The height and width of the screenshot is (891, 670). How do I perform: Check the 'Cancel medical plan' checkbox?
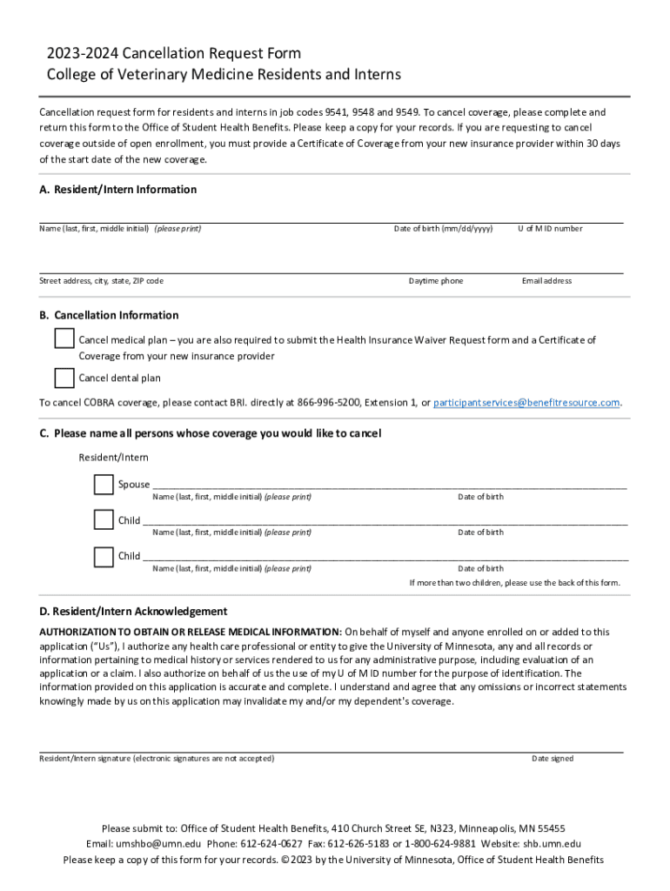(64, 338)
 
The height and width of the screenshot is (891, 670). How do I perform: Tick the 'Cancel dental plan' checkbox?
(64, 378)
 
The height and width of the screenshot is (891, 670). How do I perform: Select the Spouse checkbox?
(104, 485)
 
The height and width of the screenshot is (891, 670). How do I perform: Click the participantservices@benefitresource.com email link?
(526, 403)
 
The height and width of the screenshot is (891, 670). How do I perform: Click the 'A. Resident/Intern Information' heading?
(118, 190)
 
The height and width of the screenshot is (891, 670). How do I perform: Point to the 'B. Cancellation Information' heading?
(109, 315)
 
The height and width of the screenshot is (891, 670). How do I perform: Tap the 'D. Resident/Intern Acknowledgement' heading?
(133, 612)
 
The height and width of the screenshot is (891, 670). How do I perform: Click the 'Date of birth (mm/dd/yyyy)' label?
(443, 229)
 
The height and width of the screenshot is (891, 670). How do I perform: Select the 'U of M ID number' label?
(550, 229)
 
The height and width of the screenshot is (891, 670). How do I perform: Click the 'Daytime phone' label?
(436, 281)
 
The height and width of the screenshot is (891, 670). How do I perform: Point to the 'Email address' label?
(546, 281)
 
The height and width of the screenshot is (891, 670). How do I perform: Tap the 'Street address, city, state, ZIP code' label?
(101, 281)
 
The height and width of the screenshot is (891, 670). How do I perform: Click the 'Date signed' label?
(553, 759)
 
